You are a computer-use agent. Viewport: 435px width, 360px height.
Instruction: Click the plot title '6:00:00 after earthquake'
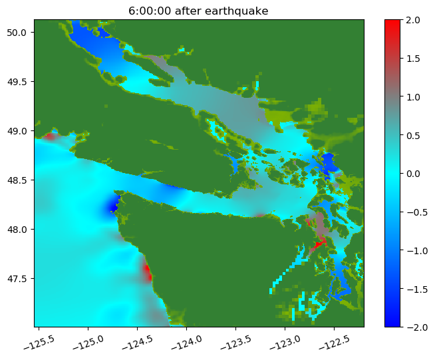198,11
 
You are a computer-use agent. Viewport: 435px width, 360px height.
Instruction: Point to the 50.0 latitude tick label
17,33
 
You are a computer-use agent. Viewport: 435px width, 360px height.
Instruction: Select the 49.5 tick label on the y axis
17,82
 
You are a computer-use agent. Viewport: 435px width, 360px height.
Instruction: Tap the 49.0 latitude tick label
17,130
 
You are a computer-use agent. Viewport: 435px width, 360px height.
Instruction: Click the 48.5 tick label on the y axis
17,180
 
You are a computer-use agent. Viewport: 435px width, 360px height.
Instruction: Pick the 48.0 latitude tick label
17,230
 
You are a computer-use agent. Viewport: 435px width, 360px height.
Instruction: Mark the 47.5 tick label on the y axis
17,278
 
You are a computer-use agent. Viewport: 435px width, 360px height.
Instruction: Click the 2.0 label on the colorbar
413,20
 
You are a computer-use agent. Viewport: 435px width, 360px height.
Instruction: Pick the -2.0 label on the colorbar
417,327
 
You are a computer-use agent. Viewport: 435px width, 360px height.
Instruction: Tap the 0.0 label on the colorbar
413,174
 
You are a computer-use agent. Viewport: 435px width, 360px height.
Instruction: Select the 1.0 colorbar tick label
413,97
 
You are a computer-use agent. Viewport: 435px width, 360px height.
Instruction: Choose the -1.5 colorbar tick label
417,289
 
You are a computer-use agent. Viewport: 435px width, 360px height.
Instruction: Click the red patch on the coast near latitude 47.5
148,272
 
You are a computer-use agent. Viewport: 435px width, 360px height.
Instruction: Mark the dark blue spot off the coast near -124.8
113,206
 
